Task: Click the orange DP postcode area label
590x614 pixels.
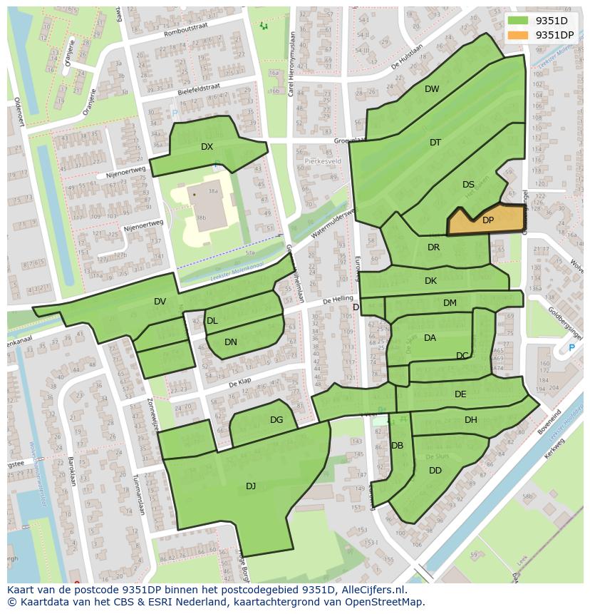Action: click(x=487, y=220)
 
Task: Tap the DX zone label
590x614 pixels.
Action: click(x=207, y=147)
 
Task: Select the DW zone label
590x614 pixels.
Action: click(x=432, y=89)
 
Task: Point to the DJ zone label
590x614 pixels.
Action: click(x=251, y=486)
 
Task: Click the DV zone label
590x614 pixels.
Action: click(x=160, y=302)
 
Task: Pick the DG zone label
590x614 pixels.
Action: click(x=276, y=420)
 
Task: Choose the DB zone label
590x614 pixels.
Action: click(x=397, y=446)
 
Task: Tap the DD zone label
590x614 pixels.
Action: click(x=435, y=471)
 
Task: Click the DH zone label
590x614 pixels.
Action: click(x=470, y=420)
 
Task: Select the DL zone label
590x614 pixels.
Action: click(x=212, y=321)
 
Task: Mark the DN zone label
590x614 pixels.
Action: click(x=230, y=342)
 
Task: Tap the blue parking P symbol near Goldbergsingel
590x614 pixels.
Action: click(x=571, y=348)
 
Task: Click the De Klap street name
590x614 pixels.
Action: click(x=240, y=384)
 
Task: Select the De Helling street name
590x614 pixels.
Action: click(x=338, y=300)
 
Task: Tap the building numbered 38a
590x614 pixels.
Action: click(x=212, y=192)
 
